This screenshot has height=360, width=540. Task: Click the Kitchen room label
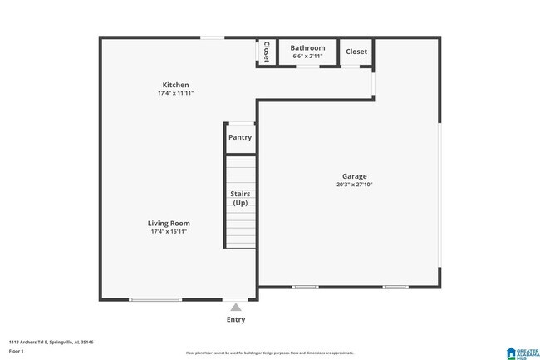click(x=175, y=85)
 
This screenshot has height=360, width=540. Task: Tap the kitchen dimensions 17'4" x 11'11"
click(x=175, y=93)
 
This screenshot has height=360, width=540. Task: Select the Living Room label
click(x=169, y=223)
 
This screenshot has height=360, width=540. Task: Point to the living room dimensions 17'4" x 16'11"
click(x=169, y=231)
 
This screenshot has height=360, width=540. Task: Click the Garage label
click(x=355, y=176)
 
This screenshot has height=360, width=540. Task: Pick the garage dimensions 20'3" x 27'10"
click(x=355, y=185)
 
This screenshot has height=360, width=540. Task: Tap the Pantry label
click(x=240, y=137)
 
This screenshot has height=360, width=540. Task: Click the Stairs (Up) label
click(x=240, y=198)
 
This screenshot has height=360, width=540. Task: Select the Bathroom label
click(x=307, y=48)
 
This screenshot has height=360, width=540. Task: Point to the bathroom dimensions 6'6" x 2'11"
click(x=307, y=57)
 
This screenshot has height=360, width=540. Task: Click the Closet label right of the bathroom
click(x=356, y=52)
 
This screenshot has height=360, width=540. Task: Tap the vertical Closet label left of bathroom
click(x=266, y=52)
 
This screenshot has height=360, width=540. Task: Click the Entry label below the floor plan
click(x=236, y=319)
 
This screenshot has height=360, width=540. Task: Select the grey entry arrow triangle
click(x=236, y=308)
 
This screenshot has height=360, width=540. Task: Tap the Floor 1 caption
click(x=17, y=351)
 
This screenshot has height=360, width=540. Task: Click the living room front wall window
click(x=155, y=299)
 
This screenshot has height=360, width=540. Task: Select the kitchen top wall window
click(x=212, y=37)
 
